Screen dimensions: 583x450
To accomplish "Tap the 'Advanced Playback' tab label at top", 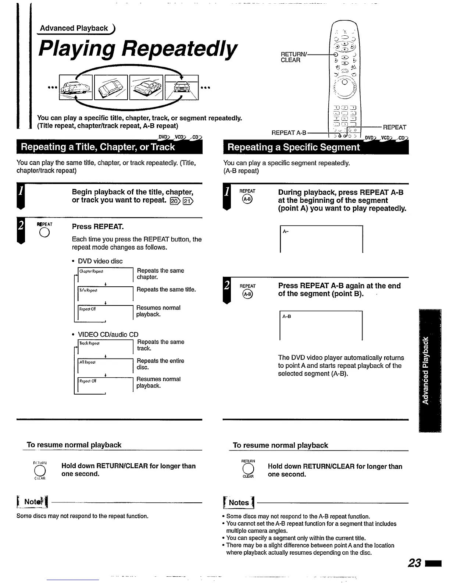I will click(x=74, y=28).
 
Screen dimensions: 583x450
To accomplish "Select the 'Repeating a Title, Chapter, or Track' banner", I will click(x=98, y=147).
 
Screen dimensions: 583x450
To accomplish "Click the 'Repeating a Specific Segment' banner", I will click(x=294, y=147).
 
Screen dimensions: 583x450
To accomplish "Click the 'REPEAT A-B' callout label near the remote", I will click(x=289, y=132).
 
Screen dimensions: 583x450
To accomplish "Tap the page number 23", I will click(x=414, y=563).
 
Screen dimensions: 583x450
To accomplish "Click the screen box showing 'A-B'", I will click(x=321, y=326).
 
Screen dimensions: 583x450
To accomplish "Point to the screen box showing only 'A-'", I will click(x=321, y=239).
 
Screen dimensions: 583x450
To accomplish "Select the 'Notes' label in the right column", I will click(x=239, y=503).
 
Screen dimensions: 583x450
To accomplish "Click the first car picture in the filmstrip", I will click(x=76, y=87).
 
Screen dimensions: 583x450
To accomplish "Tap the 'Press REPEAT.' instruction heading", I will click(x=98, y=226).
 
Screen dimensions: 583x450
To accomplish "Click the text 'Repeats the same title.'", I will click(x=166, y=290).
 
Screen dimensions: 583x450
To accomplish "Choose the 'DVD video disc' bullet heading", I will click(x=100, y=261).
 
